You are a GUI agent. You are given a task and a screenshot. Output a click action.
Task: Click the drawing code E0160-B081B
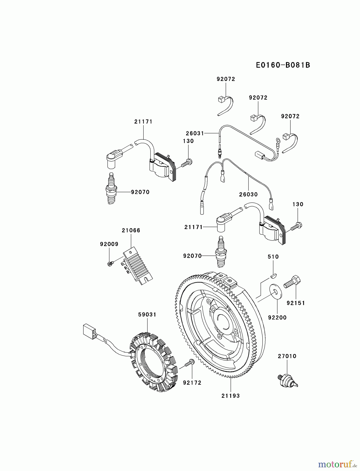(x=283, y=65)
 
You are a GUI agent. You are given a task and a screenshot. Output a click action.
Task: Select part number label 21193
(x=230, y=396)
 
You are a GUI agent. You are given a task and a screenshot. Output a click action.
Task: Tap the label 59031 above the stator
(x=147, y=315)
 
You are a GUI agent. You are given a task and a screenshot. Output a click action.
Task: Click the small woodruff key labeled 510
(x=273, y=275)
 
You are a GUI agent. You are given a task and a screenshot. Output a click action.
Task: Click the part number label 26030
(x=248, y=194)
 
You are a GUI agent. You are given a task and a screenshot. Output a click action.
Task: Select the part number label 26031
(x=195, y=133)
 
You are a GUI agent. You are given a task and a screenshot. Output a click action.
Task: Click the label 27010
(x=287, y=356)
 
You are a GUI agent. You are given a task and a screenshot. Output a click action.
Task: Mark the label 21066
(x=131, y=230)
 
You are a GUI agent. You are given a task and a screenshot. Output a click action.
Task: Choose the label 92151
(x=296, y=303)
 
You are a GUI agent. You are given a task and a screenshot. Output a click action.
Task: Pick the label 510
(x=273, y=257)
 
